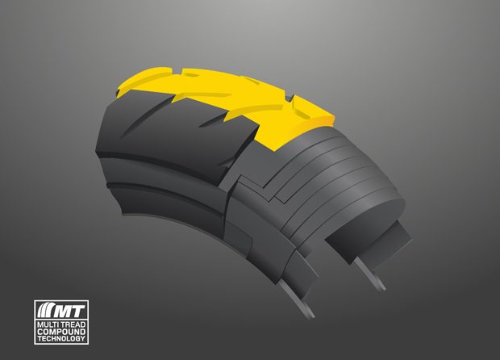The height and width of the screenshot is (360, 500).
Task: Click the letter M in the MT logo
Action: tap(66, 312)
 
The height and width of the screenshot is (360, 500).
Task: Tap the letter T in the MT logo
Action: tap(80, 312)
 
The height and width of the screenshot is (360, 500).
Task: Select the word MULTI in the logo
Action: tap(47, 324)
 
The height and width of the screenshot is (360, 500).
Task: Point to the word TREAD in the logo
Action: tap(72, 324)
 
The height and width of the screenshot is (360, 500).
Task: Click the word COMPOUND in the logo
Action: tap(61, 332)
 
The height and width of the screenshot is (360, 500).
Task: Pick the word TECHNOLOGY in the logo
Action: tap(61, 338)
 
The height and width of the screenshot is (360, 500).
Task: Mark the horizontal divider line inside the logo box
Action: tap(61, 320)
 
